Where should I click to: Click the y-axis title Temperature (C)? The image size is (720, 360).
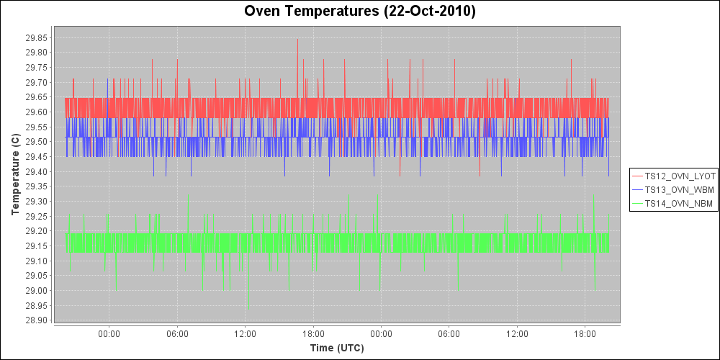tap(16, 174)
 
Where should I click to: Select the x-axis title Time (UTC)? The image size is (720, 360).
tap(337, 348)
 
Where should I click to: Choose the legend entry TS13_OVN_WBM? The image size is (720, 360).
tap(680, 190)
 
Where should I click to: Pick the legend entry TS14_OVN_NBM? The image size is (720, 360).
tap(680, 204)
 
